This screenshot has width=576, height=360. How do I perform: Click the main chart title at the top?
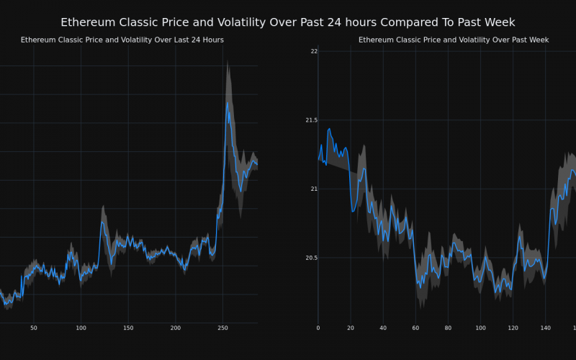(x=288, y=22)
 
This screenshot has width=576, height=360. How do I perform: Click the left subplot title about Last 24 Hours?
(x=122, y=40)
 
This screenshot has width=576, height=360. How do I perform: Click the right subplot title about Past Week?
(x=454, y=40)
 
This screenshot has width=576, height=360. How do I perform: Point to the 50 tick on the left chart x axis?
(x=33, y=328)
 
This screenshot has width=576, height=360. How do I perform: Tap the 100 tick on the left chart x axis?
(x=81, y=328)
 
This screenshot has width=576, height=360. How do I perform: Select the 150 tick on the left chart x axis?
(x=128, y=328)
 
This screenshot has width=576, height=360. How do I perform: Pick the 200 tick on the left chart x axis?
(x=176, y=328)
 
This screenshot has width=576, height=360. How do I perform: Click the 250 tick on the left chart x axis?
(x=223, y=328)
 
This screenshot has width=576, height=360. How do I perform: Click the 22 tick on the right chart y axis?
(x=314, y=51)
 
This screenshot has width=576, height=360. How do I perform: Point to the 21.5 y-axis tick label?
(x=310, y=120)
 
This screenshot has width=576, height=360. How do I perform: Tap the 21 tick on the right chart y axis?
(x=314, y=189)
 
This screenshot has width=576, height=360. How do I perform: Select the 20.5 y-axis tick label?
(x=310, y=258)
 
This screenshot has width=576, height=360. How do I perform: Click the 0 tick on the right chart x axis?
(x=318, y=328)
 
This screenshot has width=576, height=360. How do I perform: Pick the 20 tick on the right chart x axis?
(x=351, y=328)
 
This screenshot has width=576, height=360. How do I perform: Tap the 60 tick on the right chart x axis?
(x=415, y=328)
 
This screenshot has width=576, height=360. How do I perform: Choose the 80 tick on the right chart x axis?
(x=448, y=328)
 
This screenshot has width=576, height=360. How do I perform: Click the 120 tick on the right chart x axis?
(x=513, y=328)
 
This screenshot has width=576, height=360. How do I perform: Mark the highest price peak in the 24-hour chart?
(x=228, y=102)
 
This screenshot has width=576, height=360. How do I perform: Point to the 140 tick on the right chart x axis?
(x=545, y=328)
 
